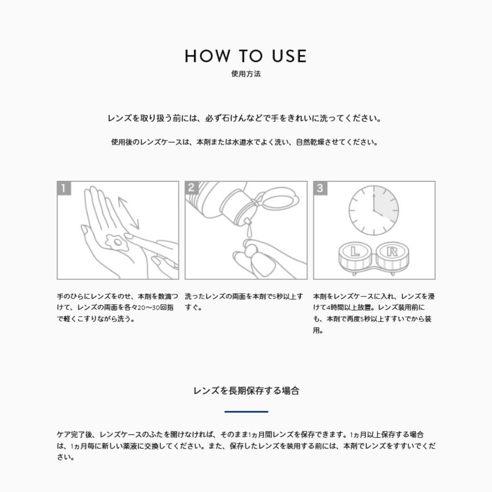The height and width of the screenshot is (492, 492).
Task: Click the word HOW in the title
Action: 207,56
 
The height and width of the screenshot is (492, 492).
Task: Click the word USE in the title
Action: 289,56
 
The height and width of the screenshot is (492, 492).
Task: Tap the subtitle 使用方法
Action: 246,74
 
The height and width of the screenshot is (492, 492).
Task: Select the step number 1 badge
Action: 64,188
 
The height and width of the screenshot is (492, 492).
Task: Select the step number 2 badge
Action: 192,188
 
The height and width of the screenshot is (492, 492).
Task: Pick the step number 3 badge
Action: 320,188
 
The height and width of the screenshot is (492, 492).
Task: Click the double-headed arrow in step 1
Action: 128,213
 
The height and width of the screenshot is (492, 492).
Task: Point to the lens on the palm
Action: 116,242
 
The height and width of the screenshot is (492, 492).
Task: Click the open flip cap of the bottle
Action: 277,198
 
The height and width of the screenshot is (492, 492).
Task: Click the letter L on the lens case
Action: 355,251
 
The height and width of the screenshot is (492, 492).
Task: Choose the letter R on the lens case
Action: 392,251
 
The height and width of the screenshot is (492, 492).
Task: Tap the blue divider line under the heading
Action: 247,411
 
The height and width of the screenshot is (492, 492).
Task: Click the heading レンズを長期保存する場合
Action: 247,391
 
